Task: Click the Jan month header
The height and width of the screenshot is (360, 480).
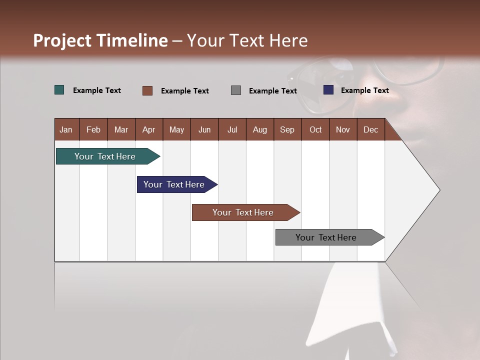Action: click(x=66, y=129)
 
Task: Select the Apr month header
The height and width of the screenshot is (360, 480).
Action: click(x=149, y=129)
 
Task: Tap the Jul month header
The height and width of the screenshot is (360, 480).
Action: click(x=232, y=129)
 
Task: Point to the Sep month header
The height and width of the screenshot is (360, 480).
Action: click(x=287, y=129)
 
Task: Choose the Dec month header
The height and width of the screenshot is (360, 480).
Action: click(x=370, y=129)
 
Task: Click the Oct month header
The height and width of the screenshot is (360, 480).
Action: click(x=315, y=129)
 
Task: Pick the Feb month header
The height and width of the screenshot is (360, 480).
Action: click(x=93, y=129)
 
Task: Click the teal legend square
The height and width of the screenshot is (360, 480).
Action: click(x=59, y=90)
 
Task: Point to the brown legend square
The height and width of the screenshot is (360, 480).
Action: click(x=147, y=90)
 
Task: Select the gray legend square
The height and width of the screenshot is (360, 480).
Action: click(x=236, y=90)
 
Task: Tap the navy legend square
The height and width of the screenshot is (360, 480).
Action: click(x=328, y=90)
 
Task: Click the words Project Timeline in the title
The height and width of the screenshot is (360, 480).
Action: click(x=100, y=40)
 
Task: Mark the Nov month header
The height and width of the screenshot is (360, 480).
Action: click(x=343, y=129)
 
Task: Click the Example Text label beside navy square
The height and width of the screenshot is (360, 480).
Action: click(x=364, y=90)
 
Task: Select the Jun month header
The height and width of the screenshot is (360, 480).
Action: click(x=204, y=129)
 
